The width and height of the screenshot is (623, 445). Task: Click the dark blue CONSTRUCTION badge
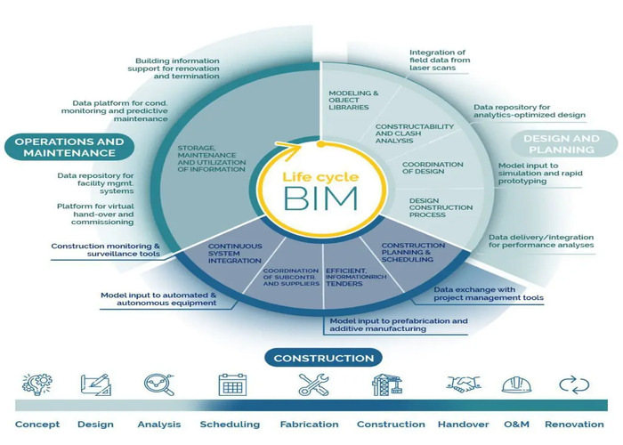(x=323, y=358)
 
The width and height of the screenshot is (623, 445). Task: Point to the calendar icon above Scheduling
(x=232, y=384)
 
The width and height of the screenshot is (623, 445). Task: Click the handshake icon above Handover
(x=463, y=384)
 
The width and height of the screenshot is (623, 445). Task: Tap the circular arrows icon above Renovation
(x=574, y=384)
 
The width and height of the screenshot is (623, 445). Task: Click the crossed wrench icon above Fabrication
(x=313, y=384)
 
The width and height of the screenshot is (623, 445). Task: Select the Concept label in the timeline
(x=37, y=425)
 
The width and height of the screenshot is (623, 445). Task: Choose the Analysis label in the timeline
(x=159, y=425)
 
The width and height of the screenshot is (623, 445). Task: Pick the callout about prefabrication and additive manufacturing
(x=398, y=324)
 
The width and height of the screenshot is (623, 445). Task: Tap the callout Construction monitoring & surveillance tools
(x=106, y=250)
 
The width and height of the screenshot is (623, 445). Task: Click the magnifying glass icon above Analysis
(x=158, y=384)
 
